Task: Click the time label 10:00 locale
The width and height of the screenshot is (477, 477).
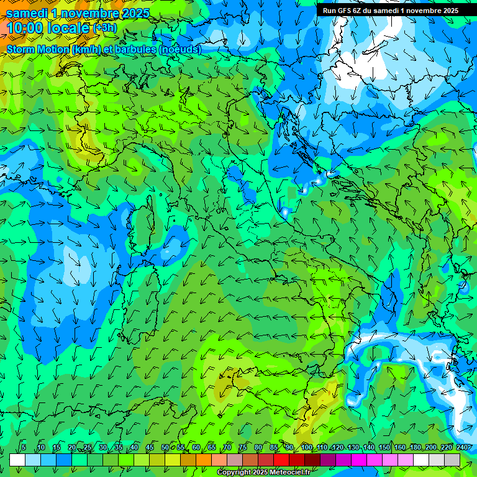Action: coord(48,28)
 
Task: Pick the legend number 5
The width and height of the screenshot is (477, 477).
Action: coord(24,448)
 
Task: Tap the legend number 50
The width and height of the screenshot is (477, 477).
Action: coord(165,448)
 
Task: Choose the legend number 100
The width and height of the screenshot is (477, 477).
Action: coord(307,448)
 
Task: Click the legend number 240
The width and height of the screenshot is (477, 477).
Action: coord(462,448)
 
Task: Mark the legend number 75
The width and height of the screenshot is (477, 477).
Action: coord(243,448)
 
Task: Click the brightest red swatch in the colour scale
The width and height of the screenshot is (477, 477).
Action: coord(281,460)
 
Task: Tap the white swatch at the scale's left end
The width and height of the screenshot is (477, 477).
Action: coord(17,460)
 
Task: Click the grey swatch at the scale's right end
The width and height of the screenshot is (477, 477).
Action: coord(452,460)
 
